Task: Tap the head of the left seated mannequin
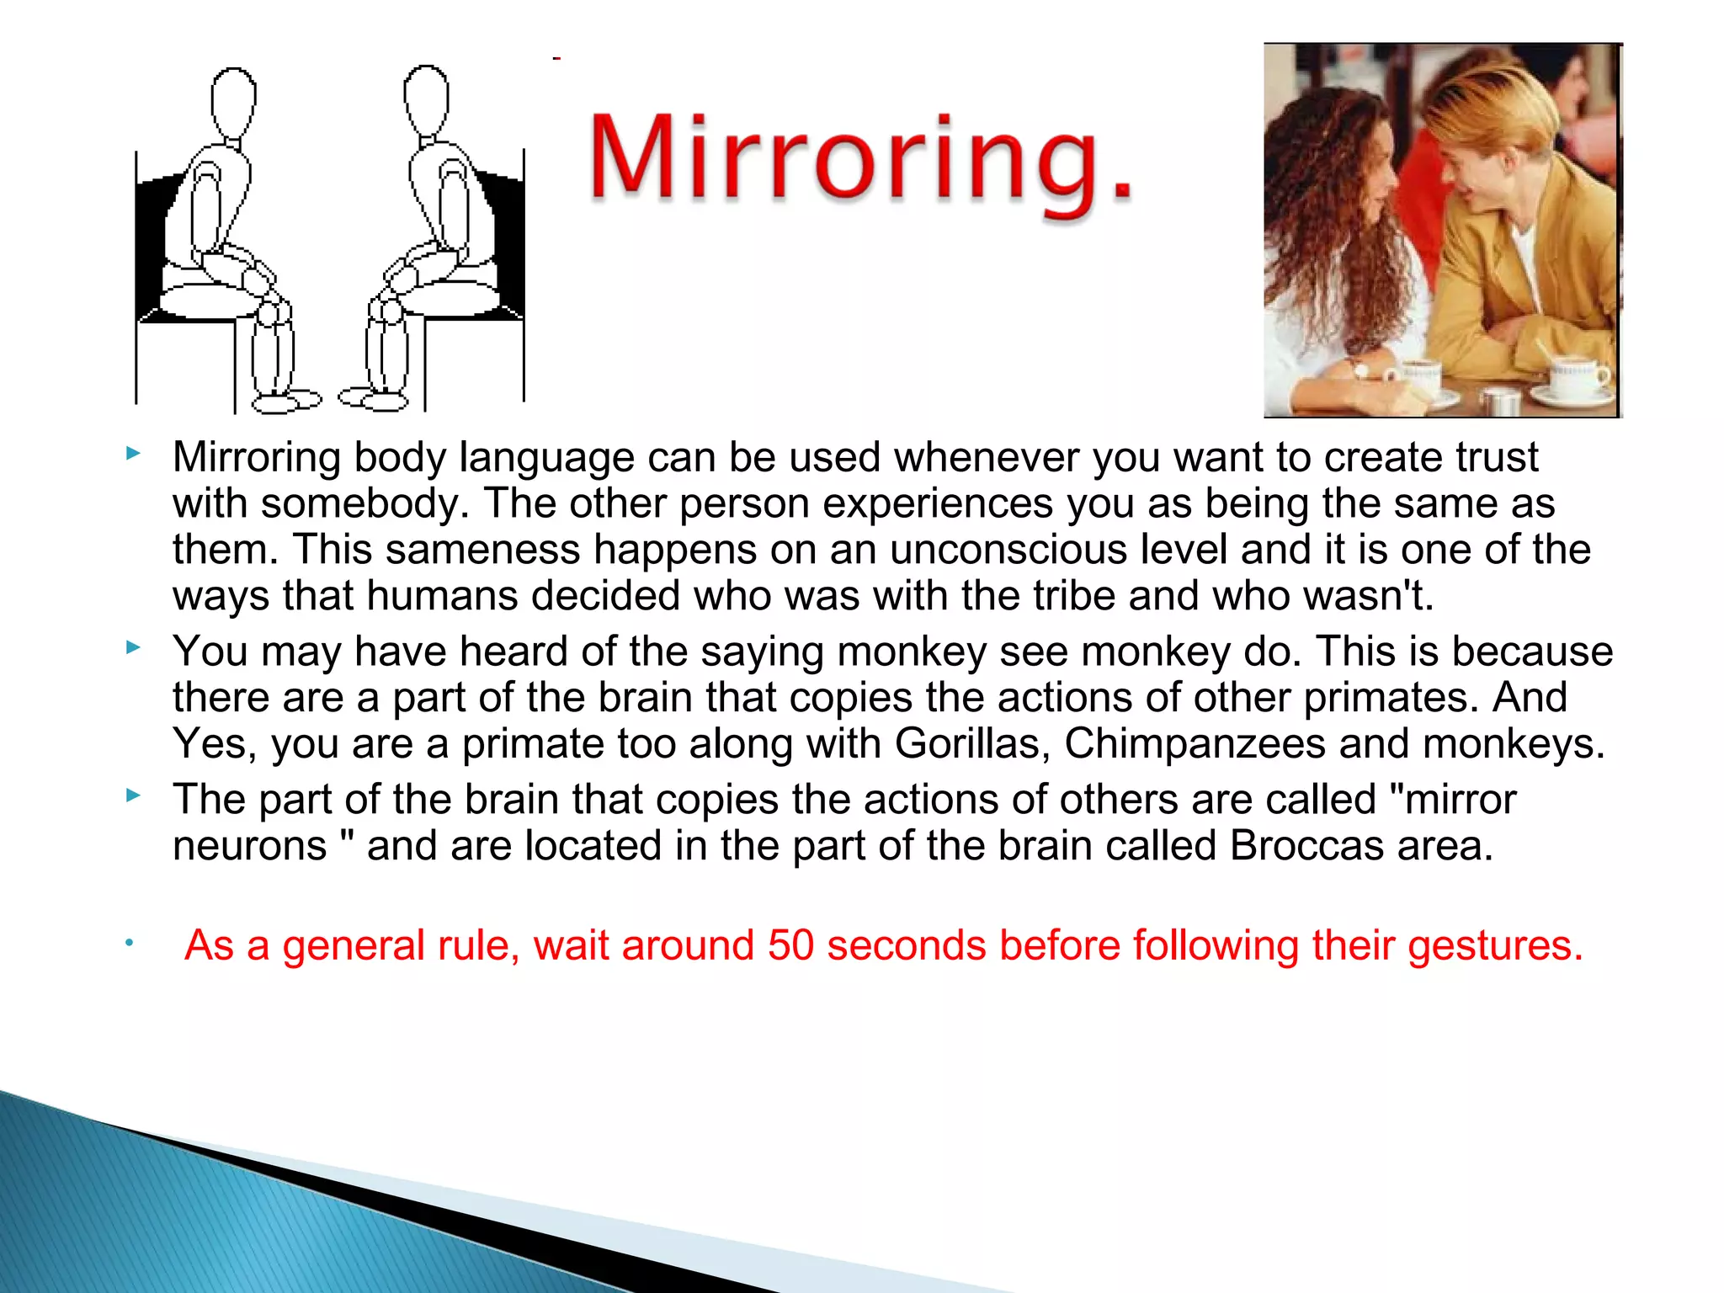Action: pos(232,101)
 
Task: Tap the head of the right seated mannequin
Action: pos(426,99)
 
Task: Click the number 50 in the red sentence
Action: pos(790,945)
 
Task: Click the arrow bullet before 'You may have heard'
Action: pos(132,647)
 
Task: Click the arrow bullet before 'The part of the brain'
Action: pos(132,795)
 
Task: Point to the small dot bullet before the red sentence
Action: pos(129,943)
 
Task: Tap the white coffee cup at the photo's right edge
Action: pos(1578,378)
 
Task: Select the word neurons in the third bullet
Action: pos(249,846)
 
